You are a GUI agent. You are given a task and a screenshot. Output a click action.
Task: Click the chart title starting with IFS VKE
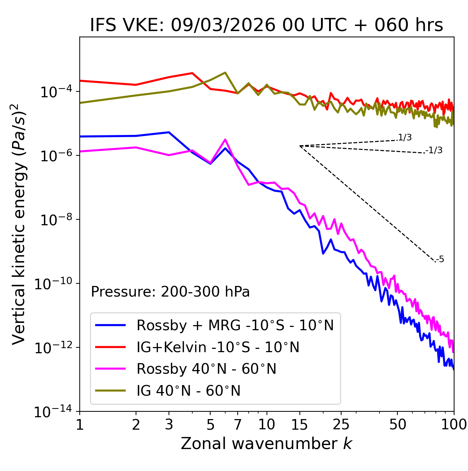(267, 26)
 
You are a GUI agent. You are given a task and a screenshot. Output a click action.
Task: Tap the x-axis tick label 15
(299, 425)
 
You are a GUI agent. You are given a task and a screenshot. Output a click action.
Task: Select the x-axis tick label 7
(238, 425)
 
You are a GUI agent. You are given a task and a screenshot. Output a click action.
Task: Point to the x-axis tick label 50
(397, 425)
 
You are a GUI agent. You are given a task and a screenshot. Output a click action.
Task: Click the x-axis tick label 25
(341, 425)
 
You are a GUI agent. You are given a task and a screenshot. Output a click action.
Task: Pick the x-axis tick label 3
(169, 425)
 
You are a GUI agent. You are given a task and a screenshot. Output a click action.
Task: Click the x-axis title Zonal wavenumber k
(267, 444)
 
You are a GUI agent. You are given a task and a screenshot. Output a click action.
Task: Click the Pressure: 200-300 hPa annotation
(170, 292)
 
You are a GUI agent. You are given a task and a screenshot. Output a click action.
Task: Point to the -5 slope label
(440, 259)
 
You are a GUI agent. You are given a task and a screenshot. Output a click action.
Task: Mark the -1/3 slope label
(434, 150)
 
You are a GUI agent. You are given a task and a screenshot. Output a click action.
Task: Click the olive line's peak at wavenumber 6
(225, 72)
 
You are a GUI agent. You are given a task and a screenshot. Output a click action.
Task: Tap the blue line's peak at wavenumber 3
(169, 132)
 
